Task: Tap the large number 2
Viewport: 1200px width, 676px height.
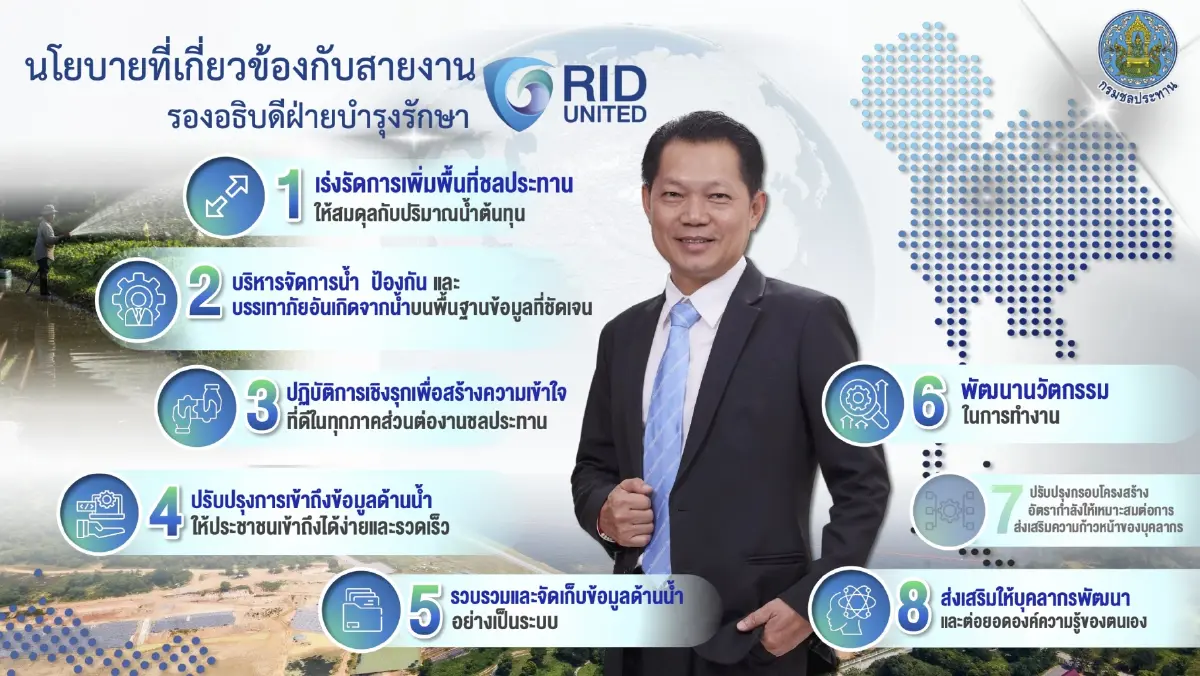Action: (x=204, y=291)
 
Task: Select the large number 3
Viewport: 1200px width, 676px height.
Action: (x=263, y=404)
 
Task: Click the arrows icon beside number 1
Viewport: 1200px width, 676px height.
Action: (x=224, y=196)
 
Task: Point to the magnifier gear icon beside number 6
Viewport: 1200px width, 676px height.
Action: (x=862, y=404)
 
